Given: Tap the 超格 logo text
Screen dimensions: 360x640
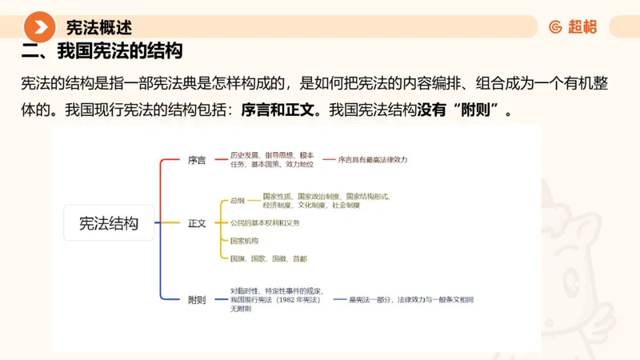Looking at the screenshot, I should click(582, 27).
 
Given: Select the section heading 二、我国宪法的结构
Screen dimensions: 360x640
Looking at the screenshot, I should click(102, 53).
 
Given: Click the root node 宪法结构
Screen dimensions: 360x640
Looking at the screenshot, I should click(108, 223).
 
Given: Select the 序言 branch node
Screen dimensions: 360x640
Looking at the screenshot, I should click(197, 160).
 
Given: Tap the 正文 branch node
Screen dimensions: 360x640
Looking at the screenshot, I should click(197, 223).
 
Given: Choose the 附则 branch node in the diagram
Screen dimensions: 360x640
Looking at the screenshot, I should click(197, 300).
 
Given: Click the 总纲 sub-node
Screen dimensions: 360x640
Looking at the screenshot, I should click(238, 200).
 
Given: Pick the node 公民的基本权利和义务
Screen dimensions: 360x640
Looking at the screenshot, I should click(265, 222).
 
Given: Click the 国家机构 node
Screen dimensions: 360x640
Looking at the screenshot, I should click(244, 241).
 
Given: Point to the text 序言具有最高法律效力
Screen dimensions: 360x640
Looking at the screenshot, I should click(373, 160).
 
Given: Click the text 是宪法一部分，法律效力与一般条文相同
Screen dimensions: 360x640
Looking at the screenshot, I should click(411, 299).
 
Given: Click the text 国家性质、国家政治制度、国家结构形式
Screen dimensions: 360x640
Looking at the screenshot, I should click(326, 195).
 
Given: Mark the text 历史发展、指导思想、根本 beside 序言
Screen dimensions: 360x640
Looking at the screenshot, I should click(272, 155).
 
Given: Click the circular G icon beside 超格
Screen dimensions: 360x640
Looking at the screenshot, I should click(556, 27).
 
